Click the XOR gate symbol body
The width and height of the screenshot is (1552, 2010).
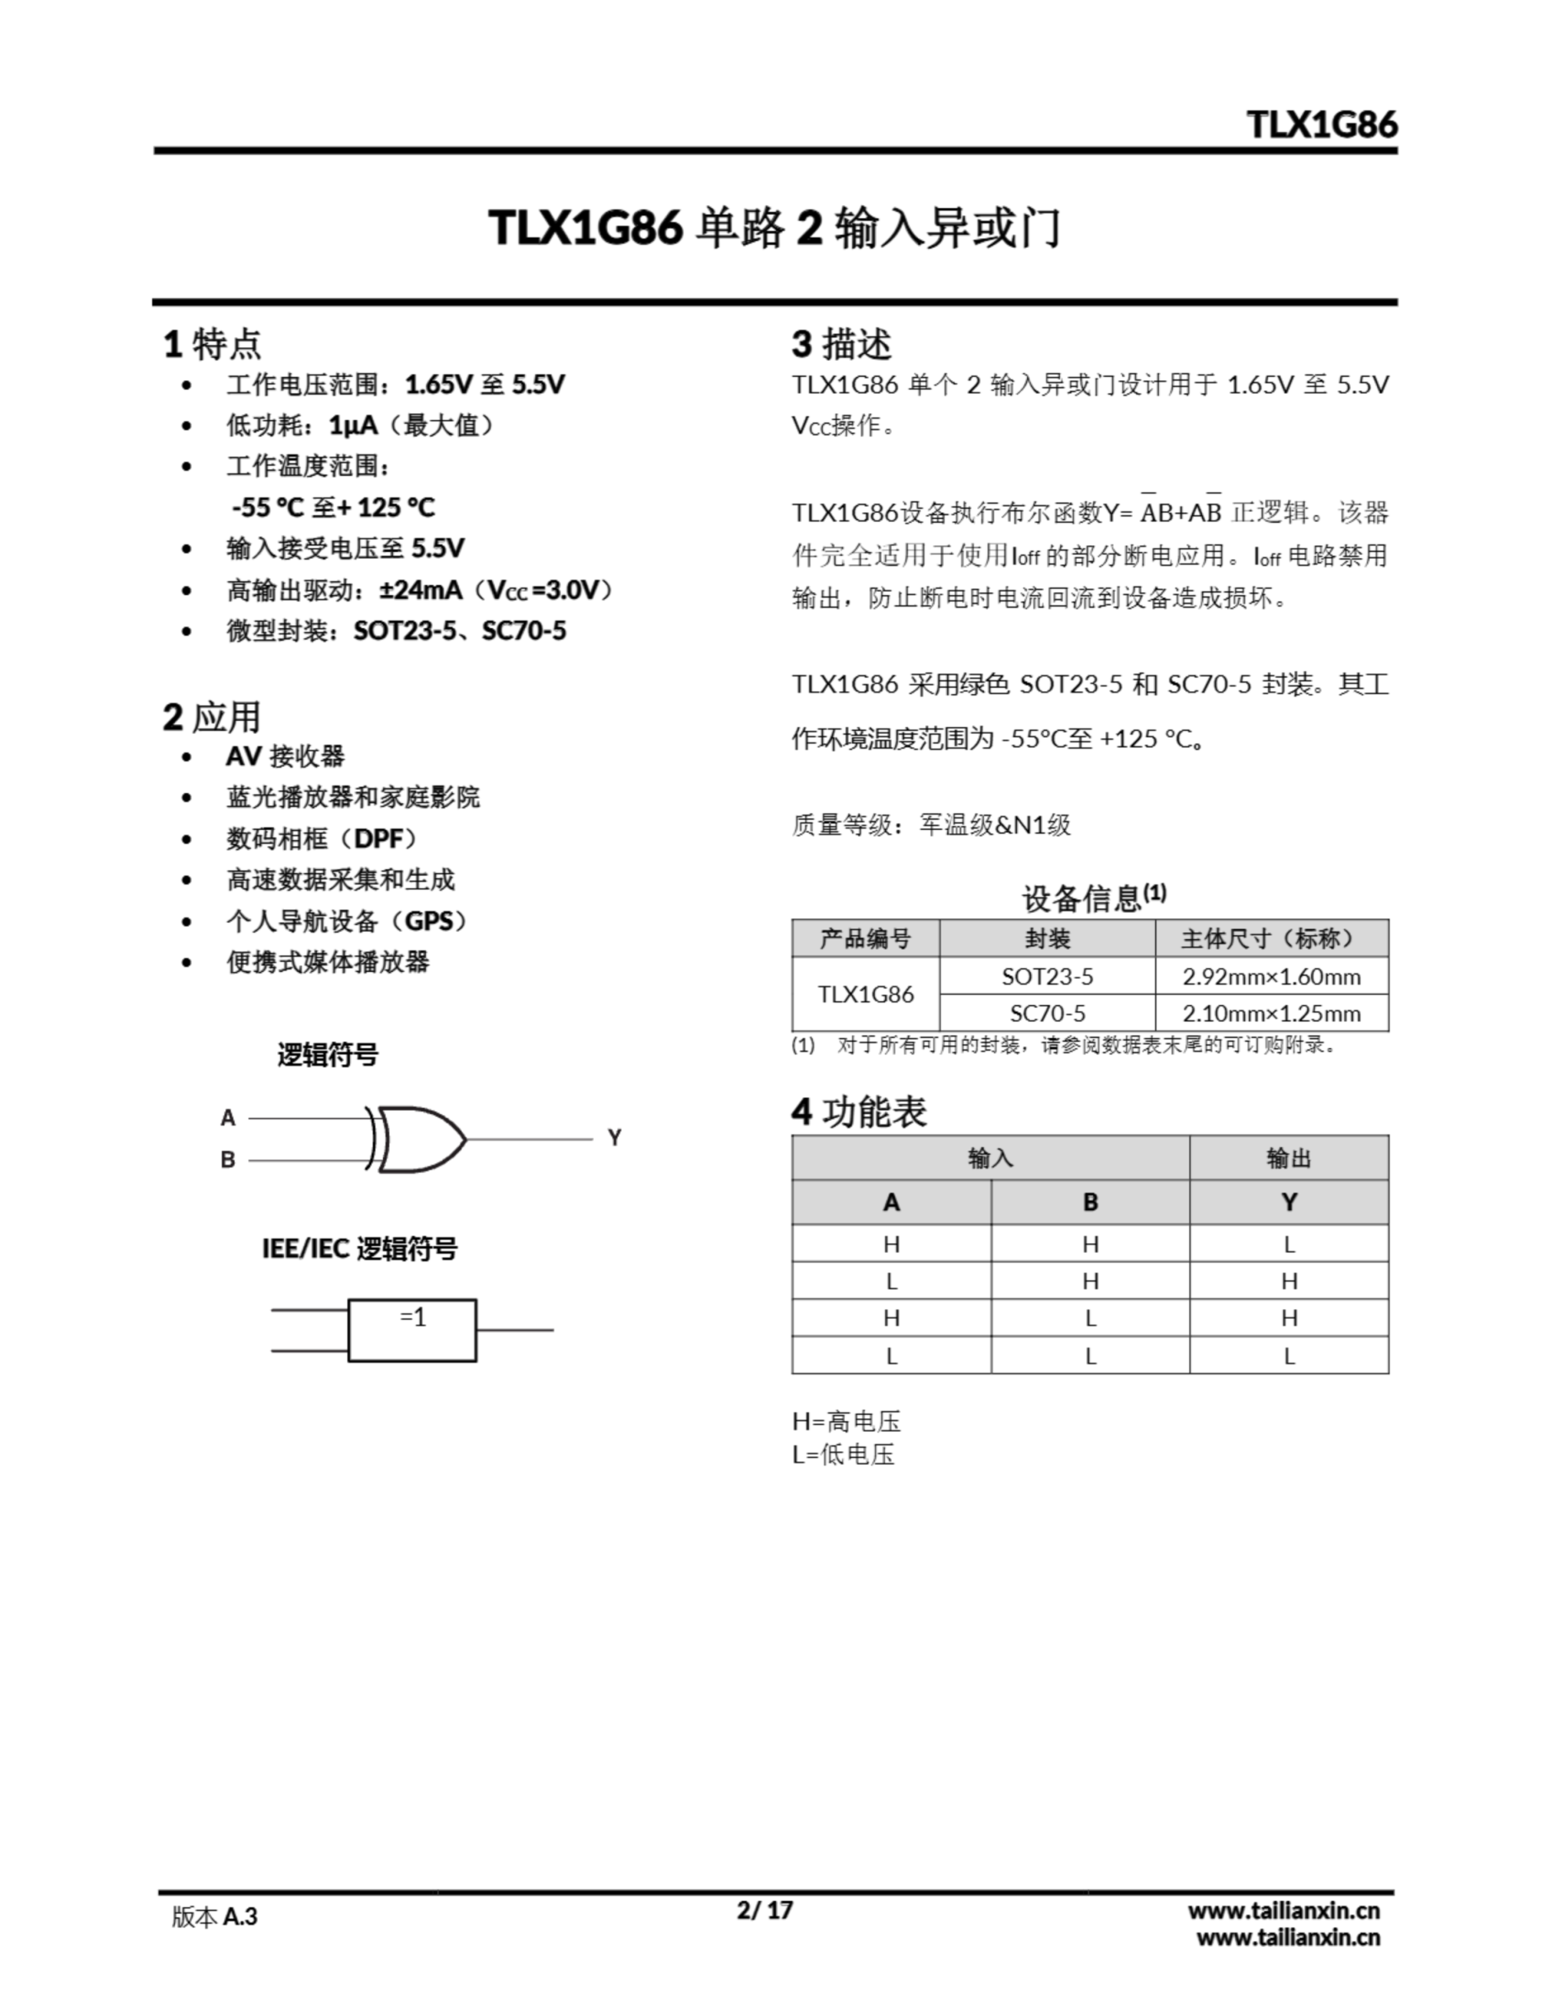pyautogui.click(x=418, y=1139)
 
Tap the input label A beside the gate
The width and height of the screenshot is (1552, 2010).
pyautogui.click(x=228, y=1118)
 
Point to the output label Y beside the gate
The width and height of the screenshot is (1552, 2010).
pyautogui.click(x=614, y=1138)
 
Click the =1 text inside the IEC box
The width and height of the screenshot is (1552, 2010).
pyautogui.click(x=413, y=1318)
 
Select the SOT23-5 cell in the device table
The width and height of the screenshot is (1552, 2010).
pyautogui.click(x=1047, y=977)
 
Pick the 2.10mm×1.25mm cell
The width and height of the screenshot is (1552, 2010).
pyautogui.click(x=1271, y=1014)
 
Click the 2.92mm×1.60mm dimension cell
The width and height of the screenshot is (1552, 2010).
pyautogui.click(x=1271, y=977)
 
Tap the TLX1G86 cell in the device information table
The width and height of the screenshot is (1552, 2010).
pyautogui.click(x=865, y=995)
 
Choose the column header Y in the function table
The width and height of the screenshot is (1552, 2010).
pyautogui.click(x=1289, y=1202)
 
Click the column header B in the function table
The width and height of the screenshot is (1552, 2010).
pyautogui.click(x=1090, y=1202)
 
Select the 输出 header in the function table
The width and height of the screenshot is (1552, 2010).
pyautogui.click(x=1289, y=1158)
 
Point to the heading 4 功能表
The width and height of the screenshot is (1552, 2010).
pyautogui.click(x=859, y=1112)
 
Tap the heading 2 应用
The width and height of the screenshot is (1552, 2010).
pyautogui.click(x=213, y=717)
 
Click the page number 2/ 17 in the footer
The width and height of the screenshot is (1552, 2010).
pyautogui.click(x=764, y=1910)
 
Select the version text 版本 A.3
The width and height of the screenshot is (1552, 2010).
pyautogui.click(x=214, y=1917)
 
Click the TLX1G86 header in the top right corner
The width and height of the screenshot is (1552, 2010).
pyautogui.click(x=1321, y=124)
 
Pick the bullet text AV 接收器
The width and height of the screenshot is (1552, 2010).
pyautogui.click(x=285, y=757)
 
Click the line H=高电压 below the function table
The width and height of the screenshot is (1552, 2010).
pyautogui.click(x=847, y=1422)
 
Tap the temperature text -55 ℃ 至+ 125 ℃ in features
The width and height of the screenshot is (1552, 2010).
pyautogui.click(x=333, y=507)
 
